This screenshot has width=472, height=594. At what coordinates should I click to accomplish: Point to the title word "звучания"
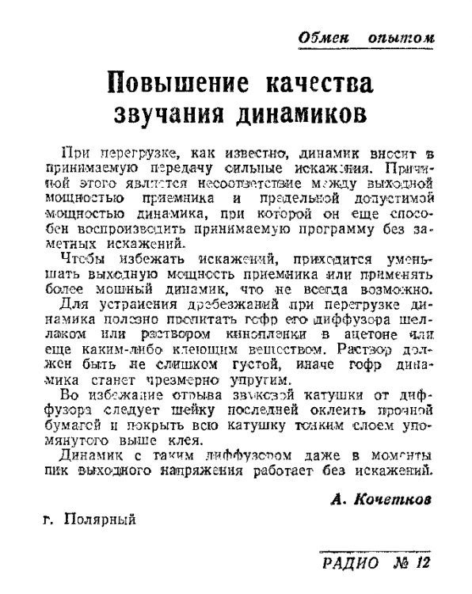click(x=164, y=112)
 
